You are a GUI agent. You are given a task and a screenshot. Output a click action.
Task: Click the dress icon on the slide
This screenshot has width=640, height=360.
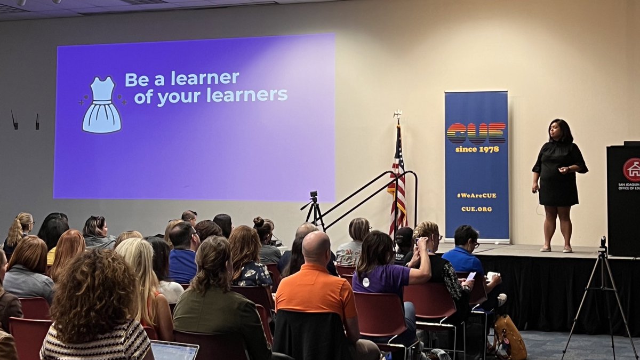coord(101,105)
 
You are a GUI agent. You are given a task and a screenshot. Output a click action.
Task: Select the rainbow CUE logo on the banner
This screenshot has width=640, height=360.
coord(476,133)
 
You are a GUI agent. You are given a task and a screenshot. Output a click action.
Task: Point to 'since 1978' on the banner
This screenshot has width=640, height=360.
coord(477,149)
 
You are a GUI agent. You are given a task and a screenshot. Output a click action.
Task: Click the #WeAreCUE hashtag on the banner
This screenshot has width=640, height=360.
coord(476,195)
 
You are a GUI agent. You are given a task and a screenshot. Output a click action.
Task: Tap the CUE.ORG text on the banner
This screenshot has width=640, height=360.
coord(476,209)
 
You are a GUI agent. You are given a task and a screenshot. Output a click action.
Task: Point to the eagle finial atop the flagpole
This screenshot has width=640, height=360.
coord(397,114)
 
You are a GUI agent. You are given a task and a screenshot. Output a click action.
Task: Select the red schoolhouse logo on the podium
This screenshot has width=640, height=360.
coord(633,169)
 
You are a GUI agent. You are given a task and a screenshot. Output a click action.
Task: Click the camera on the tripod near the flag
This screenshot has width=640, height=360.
coord(314,195)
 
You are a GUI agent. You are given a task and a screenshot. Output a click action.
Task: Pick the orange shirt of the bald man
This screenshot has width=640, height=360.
coord(316,293)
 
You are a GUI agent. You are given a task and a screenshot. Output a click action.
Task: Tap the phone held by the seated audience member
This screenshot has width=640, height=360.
coord(471,276)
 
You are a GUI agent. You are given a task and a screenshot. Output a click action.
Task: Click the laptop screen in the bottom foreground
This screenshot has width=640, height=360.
coord(174,351)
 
